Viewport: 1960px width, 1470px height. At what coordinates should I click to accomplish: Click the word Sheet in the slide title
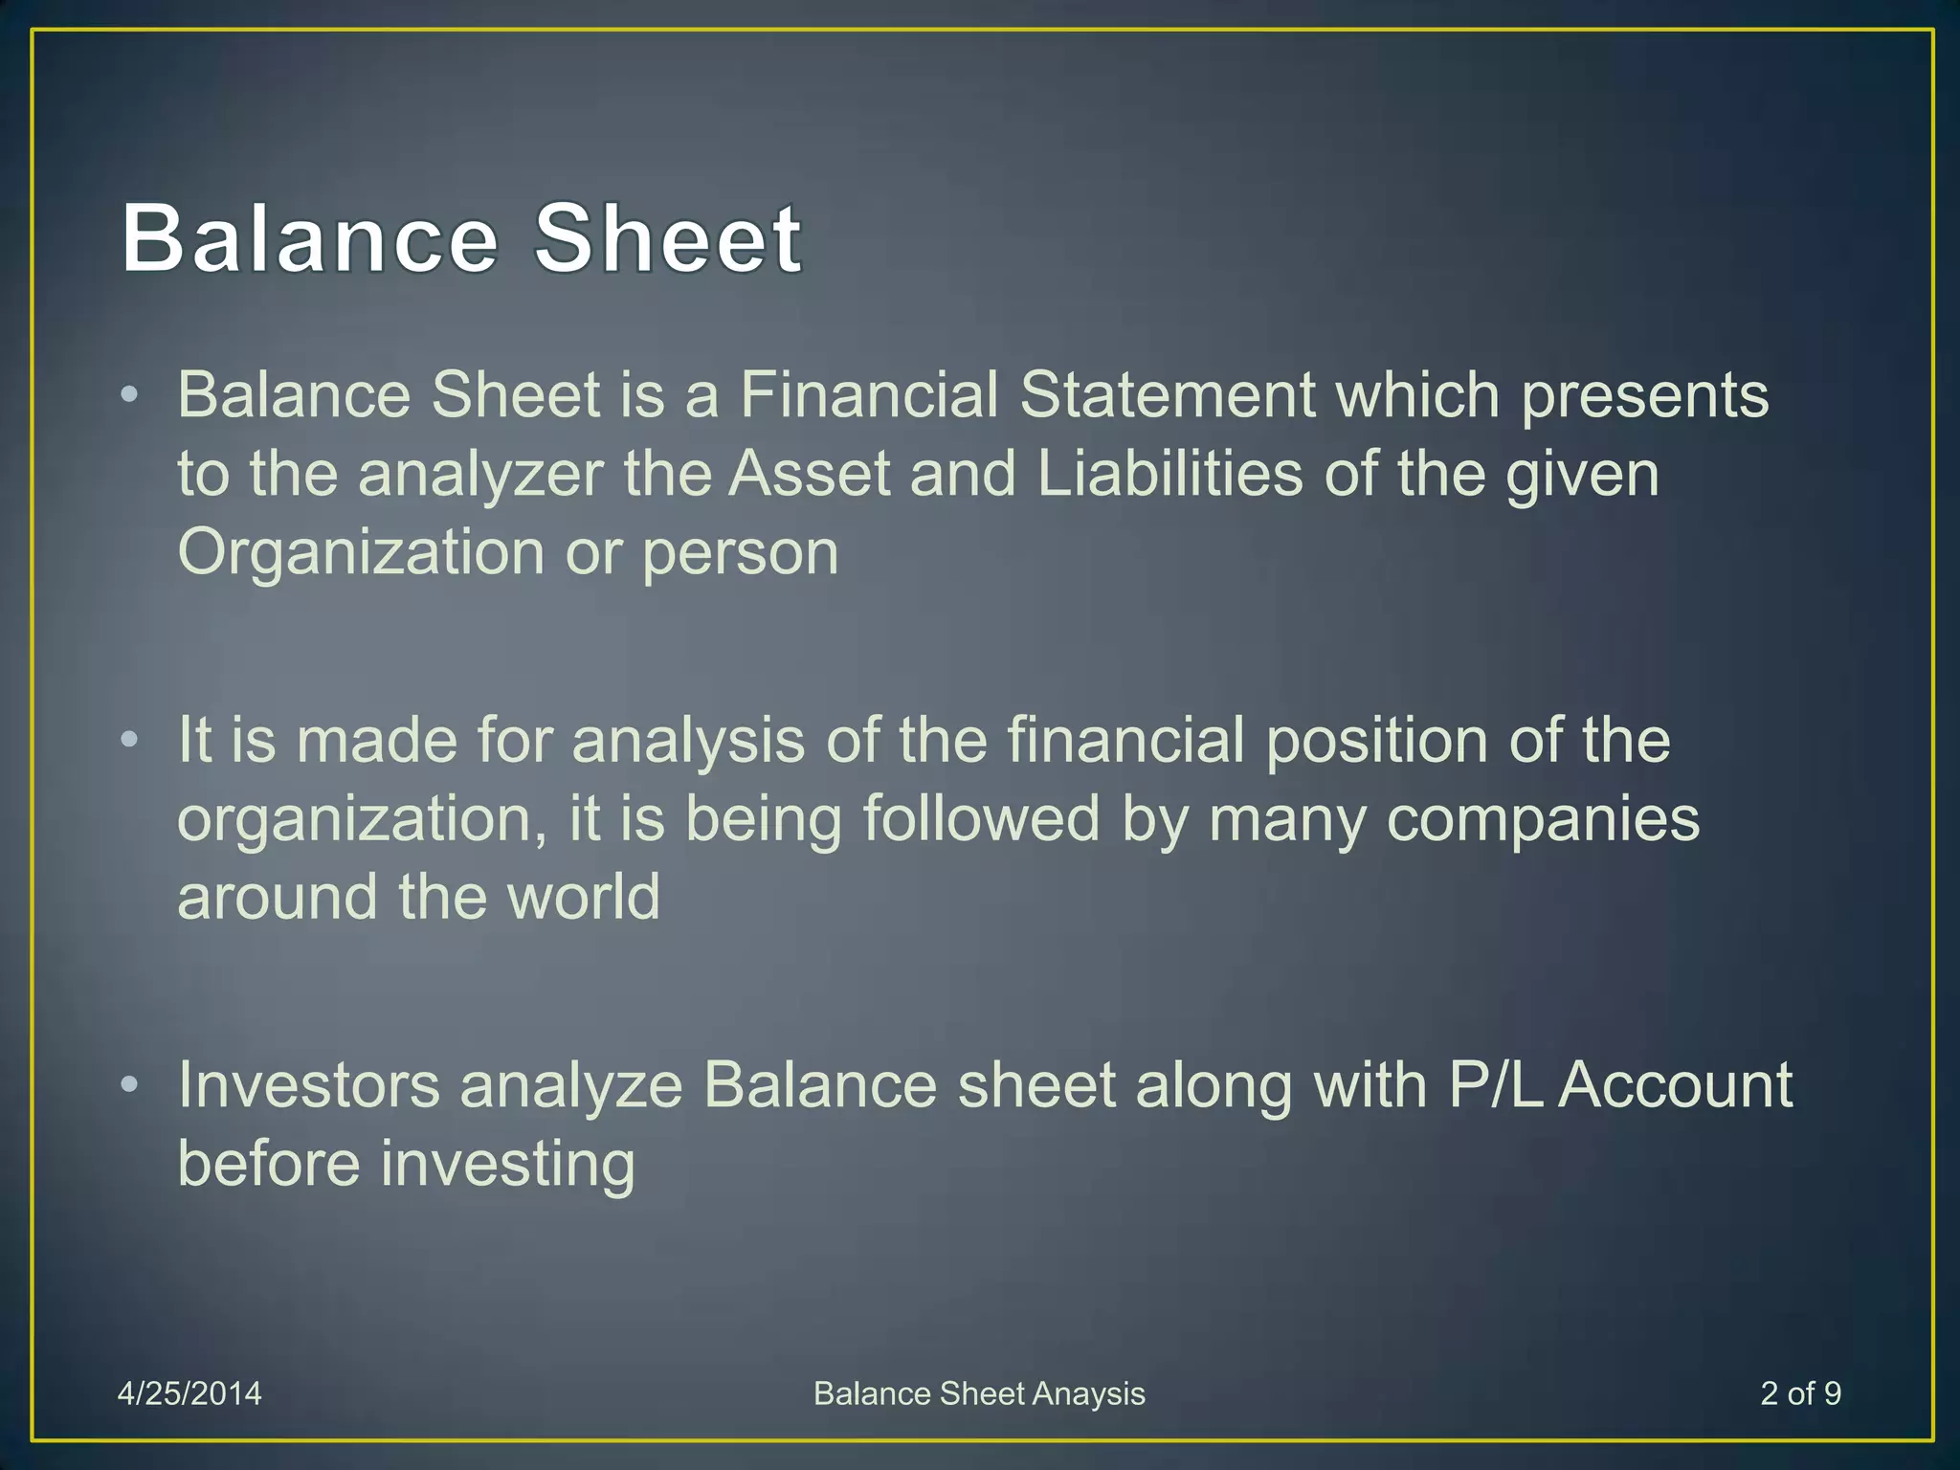pyautogui.click(x=667, y=239)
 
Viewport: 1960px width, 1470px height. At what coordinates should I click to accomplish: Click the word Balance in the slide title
pyautogui.click(x=310, y=239)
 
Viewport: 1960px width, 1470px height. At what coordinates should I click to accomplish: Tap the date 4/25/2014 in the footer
pyautogui.click(x=189, y=1393)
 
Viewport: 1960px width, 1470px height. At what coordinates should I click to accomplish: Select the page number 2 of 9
pyautogui.click(x=1800, y=1393)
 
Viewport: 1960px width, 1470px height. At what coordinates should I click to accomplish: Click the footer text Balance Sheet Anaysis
pyautogui.click(x=979, y=1393)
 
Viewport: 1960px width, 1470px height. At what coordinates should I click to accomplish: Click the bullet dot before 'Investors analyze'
pyautogui.click(x=131, y=1085)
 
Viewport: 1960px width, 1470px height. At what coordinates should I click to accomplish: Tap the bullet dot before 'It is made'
pyautogui.click(x=131, y=740)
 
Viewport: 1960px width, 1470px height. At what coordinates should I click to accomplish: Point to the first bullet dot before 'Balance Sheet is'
pyautogui.click(x=131, y=394)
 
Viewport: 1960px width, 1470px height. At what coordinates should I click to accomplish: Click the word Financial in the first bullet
pyautogui.click(x=869, y=395)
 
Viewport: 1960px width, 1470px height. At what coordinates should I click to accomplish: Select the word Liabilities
pyautogui.click(x=1169, y=474)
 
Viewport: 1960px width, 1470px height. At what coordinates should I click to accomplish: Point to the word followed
pyautogui.click(x=981, y=819)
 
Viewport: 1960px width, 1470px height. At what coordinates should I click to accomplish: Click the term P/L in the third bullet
pyautogui.click(x=1495, y=1085)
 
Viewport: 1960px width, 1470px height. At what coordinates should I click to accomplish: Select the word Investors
pyautogui.click(x=308, y=1085)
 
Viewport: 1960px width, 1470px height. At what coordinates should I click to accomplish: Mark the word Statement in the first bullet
pyautogui.click(x=1167, y=395)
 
